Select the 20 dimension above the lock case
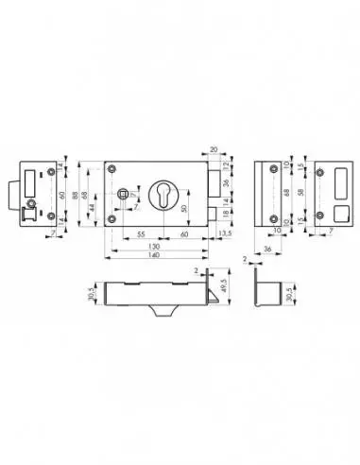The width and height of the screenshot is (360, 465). coord(214,149)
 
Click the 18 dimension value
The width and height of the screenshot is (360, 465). coord(227,215)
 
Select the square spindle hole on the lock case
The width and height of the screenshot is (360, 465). coord(124,194)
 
